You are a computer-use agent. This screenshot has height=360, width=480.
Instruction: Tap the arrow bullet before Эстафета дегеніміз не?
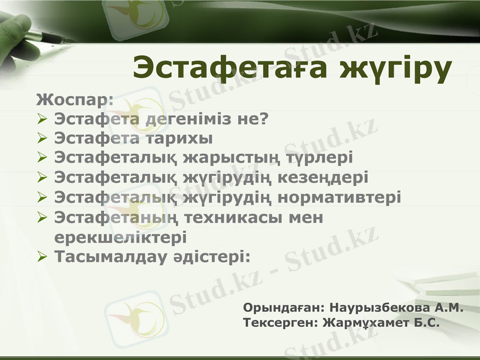click(42, 118)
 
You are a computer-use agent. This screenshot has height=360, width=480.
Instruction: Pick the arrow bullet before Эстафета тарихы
click(42, 138)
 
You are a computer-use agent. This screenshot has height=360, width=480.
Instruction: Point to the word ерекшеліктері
click(120, 236)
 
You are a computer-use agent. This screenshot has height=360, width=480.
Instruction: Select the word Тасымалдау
click(107, 256)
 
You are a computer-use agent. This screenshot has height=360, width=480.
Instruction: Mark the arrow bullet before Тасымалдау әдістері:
click(42, 256)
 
